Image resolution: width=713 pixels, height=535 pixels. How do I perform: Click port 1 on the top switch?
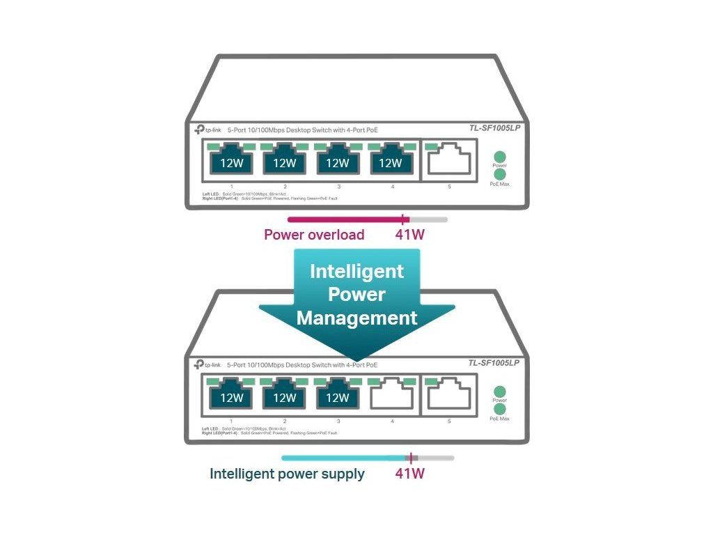[231, 162]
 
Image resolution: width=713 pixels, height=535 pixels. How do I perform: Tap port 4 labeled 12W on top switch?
[391, 162]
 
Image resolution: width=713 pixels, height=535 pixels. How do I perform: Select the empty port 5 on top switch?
[449, 161]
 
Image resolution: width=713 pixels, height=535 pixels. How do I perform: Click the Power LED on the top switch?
[499, 157]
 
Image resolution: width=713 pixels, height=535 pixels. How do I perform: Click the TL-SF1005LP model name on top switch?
[494, 128]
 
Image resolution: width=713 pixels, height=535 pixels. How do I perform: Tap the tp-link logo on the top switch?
[207, 130]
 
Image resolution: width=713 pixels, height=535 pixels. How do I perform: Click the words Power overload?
[314, 235]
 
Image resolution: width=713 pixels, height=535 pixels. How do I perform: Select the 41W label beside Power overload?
[409, 235]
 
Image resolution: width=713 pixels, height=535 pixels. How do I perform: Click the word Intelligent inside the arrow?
[356, 271]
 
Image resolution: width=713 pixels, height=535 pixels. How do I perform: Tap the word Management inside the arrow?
[356, 318]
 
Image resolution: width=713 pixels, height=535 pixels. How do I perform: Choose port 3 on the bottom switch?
[337, 396]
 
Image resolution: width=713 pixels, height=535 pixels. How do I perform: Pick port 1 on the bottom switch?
[231, 396]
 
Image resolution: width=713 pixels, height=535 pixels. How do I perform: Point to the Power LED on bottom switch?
[499, 392]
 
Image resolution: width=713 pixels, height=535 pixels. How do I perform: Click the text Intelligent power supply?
[287, 474]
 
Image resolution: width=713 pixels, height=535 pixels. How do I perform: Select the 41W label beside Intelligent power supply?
[409, 474]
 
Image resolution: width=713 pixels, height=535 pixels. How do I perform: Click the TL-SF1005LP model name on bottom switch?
[494, 363]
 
